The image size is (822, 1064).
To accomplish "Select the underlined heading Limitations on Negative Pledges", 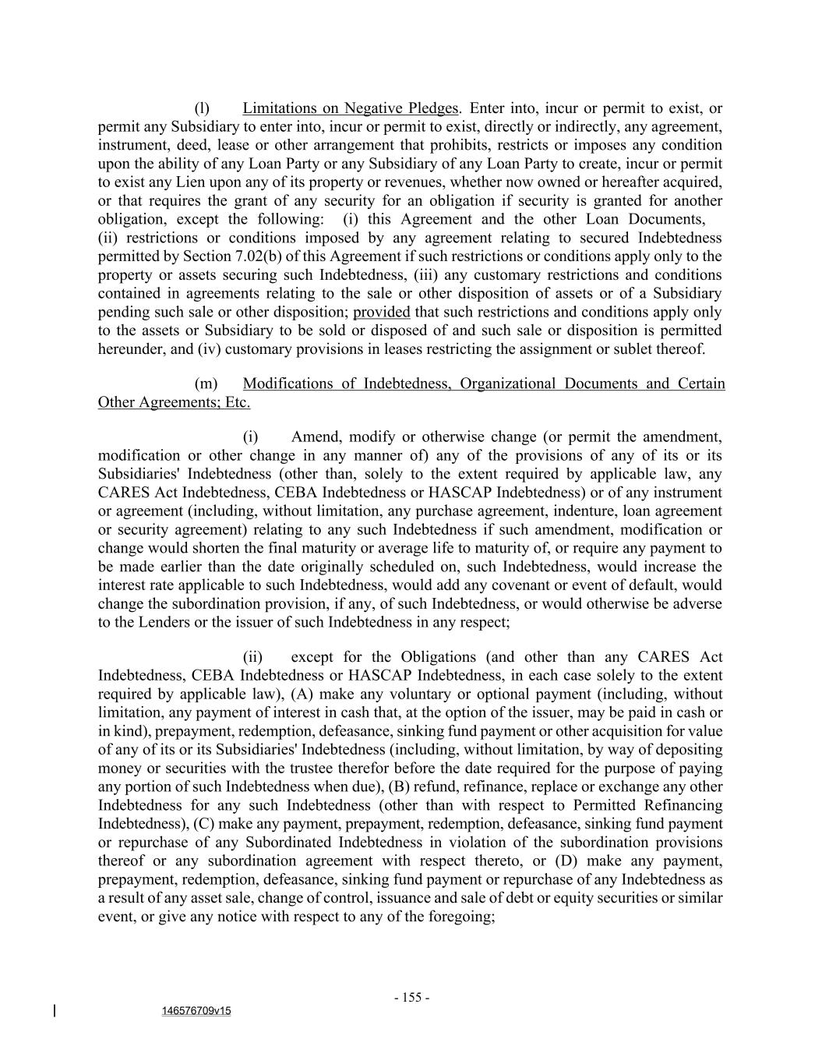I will pos(351,108).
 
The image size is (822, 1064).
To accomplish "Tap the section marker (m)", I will pos(205,384).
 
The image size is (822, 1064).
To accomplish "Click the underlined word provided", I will pos(382,313).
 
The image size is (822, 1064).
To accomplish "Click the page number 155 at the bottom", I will pos(412,998).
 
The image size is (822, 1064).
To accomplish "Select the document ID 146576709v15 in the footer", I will pos(196,1011).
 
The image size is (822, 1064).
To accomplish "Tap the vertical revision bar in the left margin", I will pos(55,1011).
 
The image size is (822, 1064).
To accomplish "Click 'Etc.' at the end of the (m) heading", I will pos(237,403).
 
